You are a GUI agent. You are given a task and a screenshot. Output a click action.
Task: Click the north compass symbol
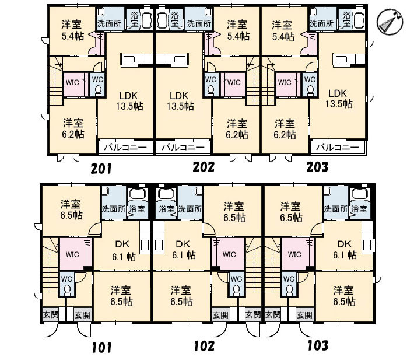(x=390, y=22)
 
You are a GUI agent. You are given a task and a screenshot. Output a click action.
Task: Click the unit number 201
(x=101, y=169)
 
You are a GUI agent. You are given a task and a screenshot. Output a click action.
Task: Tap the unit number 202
(x=204, y=167)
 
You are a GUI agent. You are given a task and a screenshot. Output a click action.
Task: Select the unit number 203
(x=317, y=167)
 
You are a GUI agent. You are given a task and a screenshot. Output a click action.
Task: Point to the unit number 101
(x=102, y=347)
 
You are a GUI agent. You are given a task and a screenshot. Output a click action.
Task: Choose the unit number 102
(x=204, y=346)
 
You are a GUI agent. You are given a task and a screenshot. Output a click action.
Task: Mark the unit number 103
(x=318, y=345)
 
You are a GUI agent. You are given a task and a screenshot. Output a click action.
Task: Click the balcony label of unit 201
(x=125, y=148)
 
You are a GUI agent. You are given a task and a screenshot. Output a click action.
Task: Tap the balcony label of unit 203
(x=338, y=147)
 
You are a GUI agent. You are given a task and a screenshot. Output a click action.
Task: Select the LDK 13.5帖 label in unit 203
(x=339, y=99)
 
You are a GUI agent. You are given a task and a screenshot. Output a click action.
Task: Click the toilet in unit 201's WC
(x=98, y=90)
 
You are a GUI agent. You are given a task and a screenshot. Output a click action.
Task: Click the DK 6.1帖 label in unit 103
(x=345, y=250)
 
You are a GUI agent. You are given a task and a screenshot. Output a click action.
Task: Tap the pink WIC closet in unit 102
(x=229, y=254)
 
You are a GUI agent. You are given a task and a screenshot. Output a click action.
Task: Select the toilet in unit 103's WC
(x=289, y=289)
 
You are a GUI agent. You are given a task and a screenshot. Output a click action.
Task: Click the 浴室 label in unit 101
(x=137, y=209)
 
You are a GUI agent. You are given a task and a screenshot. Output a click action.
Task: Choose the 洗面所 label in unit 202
(x=199, y=23)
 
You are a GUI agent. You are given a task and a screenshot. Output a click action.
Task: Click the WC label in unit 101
(x=66, y=279)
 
